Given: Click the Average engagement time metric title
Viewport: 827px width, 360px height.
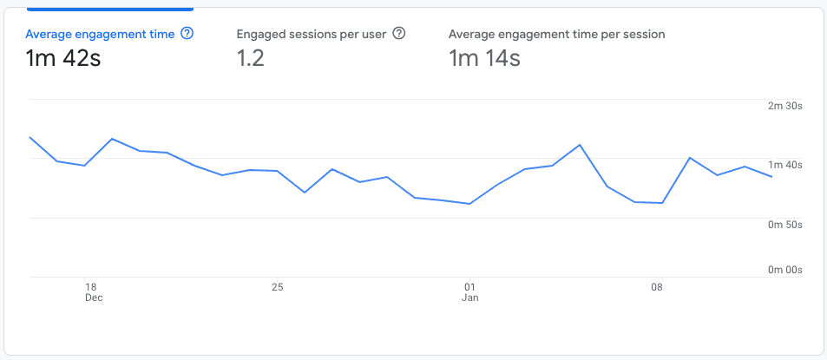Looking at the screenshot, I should click(x=100, y=35).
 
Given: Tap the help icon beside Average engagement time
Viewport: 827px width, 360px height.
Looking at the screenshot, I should click(x=187, y=35).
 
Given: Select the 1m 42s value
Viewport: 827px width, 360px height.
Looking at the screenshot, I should click(x=63, y=59).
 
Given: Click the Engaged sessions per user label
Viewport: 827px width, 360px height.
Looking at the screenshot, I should click(x=311, y=35).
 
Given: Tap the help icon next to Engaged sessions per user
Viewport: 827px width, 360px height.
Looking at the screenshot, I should click(x=399, y=34).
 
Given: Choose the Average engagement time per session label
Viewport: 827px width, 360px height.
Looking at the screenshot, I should click(x=556, y=35).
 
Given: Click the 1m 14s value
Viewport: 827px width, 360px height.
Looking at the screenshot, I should click(x=484, y=59).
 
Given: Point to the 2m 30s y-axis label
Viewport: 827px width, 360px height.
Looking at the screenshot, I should click(x=785, y=106).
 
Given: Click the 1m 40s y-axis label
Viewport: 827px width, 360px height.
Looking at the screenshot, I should click(x=785, y=165).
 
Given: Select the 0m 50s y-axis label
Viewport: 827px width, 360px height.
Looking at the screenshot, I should click(x=785, y=225).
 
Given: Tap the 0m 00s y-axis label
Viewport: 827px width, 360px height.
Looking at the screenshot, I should click(x=785, y=270).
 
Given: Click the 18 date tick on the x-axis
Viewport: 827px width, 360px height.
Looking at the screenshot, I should click(x=89, y=286).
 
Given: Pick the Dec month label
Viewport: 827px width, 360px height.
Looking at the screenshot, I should click(x=93, y=298).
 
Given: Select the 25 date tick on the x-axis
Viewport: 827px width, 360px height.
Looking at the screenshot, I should click(x=277, y=286).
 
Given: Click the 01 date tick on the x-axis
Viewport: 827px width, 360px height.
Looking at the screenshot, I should click(x=469, y=286).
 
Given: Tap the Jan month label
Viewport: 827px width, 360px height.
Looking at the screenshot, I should click(x=469, y=298).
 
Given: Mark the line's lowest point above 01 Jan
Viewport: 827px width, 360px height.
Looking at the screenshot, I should click(x=469, y=204).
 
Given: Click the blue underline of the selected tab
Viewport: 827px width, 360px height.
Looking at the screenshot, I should click(x=110, y=9).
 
